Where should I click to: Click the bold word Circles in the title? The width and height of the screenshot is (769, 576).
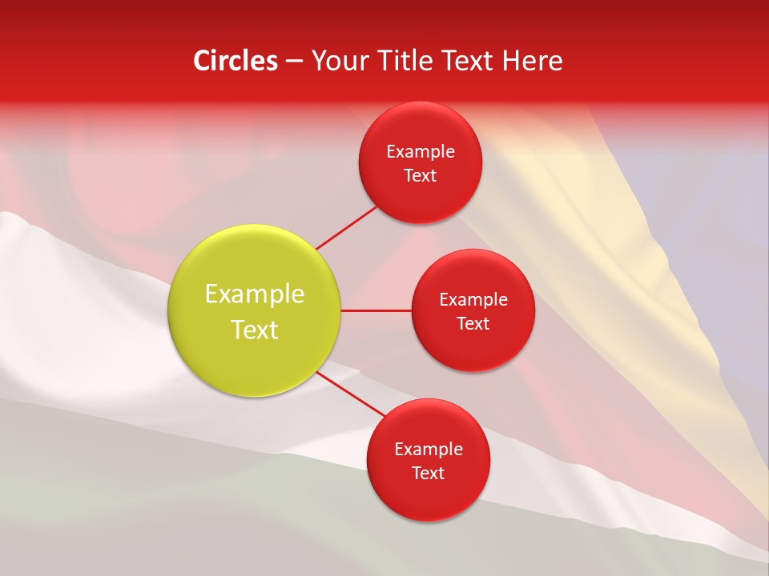point(236,61)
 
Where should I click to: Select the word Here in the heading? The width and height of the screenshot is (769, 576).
point(532,61)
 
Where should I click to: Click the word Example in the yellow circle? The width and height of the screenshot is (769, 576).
point(255,294)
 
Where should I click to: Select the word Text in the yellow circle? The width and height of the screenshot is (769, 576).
point(255,330)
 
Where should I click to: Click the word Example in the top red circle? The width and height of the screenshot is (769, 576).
point(421,152)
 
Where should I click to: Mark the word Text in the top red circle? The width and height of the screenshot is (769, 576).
point(421,176)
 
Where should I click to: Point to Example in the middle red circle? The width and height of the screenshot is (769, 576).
point(473,300)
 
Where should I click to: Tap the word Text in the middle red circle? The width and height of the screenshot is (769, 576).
point(473,324)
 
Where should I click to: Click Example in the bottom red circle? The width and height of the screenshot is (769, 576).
point(429,450)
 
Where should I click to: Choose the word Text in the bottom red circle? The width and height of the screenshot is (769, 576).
point(429,474)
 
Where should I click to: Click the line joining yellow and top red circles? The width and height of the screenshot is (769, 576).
point(346,228)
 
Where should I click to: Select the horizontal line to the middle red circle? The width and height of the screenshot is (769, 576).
point(376,310)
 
